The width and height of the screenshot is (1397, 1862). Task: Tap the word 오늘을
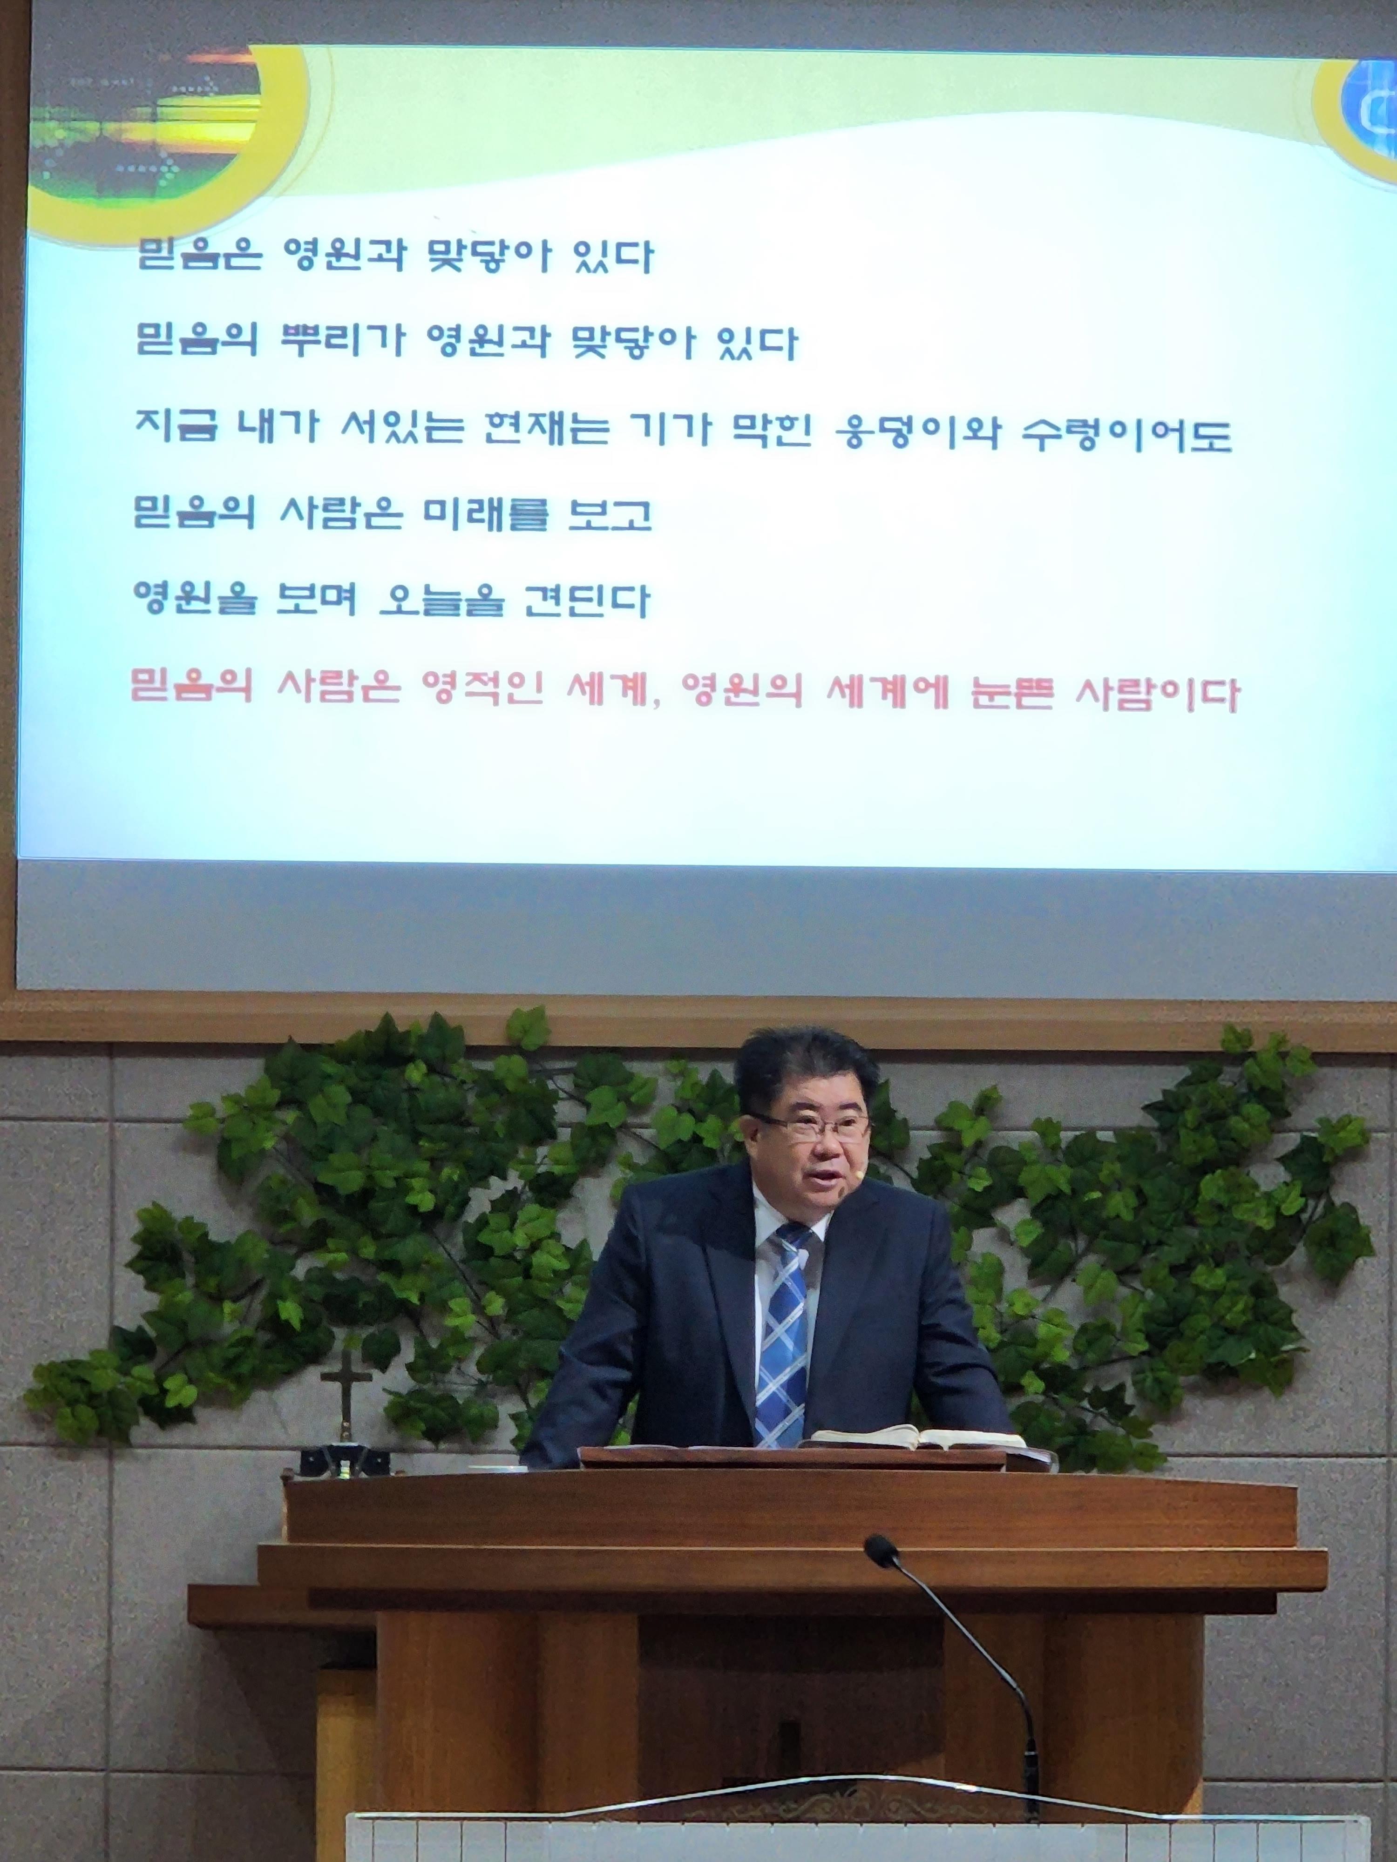441,600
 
